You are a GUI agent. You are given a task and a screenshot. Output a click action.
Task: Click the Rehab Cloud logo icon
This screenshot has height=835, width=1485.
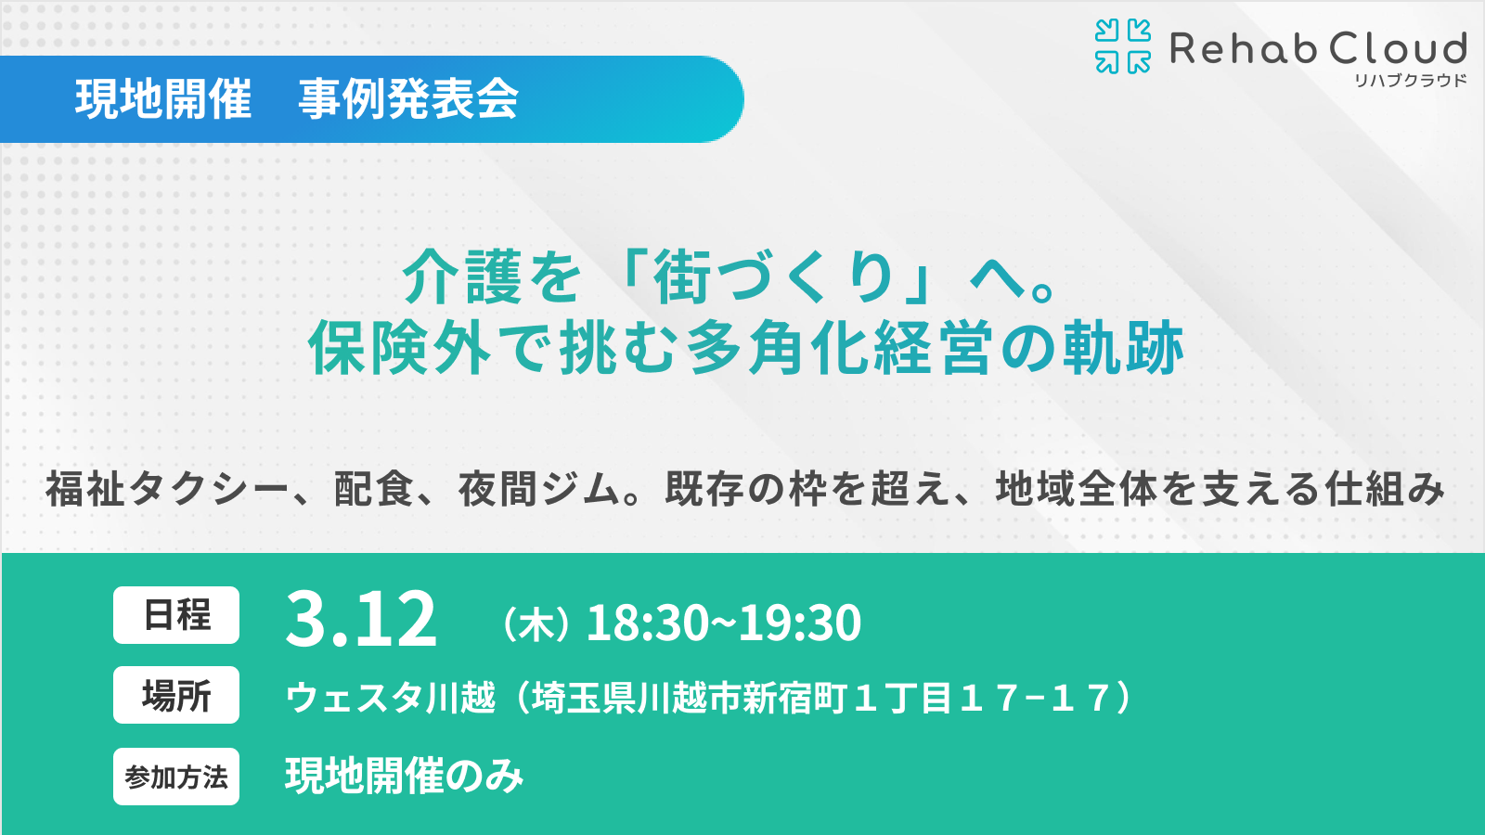1122,46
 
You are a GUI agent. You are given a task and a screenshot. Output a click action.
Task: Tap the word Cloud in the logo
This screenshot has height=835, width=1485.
1397,48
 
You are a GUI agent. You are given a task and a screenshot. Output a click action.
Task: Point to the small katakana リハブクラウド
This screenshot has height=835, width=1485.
1410,81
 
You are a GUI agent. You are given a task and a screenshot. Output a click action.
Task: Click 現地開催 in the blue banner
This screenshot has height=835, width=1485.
163,99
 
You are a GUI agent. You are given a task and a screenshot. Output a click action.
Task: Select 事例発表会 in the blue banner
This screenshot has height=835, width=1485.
408,99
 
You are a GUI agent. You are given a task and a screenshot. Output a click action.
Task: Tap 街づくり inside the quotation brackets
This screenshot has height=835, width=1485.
774,277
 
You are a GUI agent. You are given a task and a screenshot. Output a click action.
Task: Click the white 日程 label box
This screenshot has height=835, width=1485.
176,615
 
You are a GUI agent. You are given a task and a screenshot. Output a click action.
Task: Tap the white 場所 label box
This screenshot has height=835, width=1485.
176,695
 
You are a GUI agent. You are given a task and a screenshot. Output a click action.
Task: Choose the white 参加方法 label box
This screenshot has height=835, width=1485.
176,777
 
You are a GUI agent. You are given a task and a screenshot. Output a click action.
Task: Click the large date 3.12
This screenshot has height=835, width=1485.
361,620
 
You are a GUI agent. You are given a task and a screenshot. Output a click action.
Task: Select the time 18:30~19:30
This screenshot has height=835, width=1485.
724,623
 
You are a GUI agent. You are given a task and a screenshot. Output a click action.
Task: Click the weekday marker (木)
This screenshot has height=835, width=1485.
536,624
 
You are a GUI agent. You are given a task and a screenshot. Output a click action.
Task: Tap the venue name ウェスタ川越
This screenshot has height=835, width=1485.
391,698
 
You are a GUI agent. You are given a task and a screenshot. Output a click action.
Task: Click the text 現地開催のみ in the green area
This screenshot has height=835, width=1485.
405,777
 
